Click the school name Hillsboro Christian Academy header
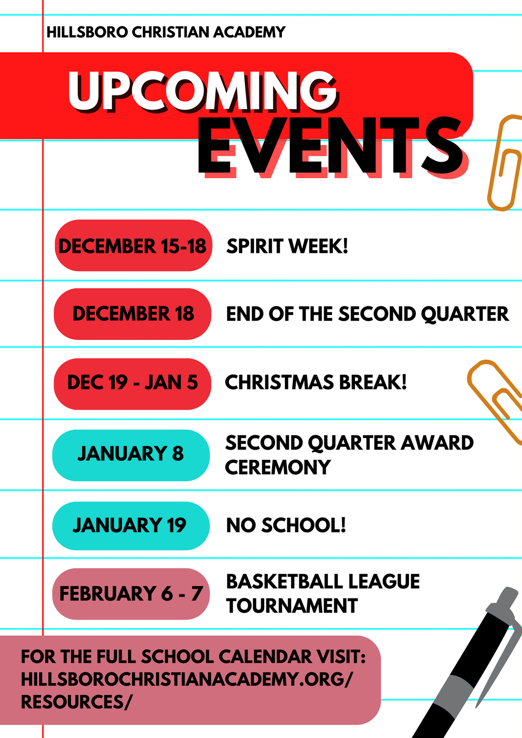166,32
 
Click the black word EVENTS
331,147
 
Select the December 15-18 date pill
133,246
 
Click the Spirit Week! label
287,246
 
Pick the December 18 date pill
133,314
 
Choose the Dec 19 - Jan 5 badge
133,383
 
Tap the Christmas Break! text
316,382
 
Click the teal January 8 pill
131,455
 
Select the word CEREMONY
278,468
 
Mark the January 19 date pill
131,525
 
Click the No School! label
286,525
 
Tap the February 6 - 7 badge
131,594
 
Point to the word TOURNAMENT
292,606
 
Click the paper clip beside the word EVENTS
505,163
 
